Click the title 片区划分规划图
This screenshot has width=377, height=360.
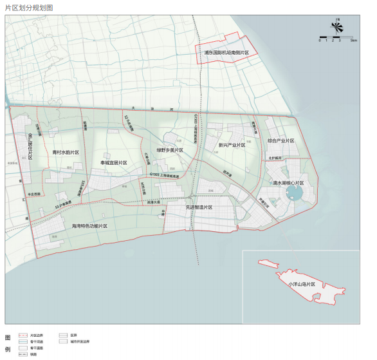(x=29, y=7)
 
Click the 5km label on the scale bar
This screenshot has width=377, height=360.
(x=354, y=41)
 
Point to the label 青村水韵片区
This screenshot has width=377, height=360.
(x=66, y=153)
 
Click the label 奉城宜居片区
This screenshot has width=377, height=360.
(x=114, y=163)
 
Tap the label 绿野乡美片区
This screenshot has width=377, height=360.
(x=169, y=150)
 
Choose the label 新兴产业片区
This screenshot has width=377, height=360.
(x=232, y=145)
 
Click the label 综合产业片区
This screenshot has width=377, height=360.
(x=280, y=140)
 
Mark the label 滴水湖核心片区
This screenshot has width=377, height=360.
(x=287, y=183)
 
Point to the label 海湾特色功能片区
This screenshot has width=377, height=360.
(x=89, y=226)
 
